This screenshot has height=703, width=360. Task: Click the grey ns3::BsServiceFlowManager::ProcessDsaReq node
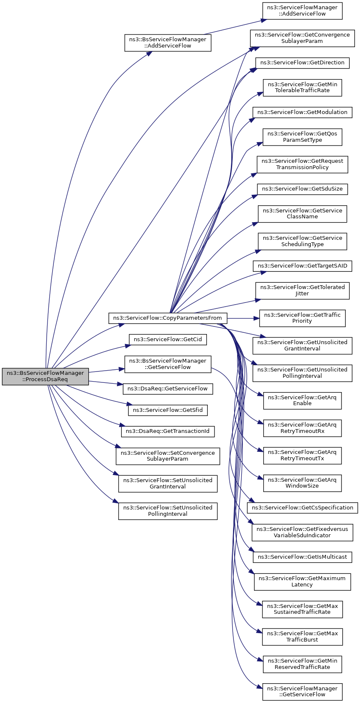pos(45,376)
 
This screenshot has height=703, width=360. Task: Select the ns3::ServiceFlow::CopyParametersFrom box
pos(168,318)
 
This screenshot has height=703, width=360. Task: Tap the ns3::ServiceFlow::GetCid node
pos(168,340)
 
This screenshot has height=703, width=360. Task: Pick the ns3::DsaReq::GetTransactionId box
pos(168,431)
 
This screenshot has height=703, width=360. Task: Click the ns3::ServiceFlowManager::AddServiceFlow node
pos(302,11)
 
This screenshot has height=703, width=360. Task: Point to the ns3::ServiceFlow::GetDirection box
pos(302,63)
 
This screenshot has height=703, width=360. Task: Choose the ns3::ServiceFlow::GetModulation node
pos(302,112)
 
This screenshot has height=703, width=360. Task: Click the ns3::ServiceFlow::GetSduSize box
pos(302,189)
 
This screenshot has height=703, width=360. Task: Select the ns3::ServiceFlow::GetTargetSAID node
pos(302,266)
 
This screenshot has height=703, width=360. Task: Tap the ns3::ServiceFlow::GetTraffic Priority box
pos(302,318)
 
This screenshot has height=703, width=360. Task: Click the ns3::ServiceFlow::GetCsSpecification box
pos(302,507)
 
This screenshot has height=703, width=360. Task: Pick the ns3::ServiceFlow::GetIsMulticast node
pos(302,557)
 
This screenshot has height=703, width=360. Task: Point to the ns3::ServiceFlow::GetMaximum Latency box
pos(302,581)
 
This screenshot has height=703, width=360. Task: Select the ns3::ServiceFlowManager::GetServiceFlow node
pos(302,692)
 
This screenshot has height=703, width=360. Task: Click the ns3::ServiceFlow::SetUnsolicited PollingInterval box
pos(168,511)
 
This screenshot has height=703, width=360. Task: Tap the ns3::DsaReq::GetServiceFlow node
pos(168,389)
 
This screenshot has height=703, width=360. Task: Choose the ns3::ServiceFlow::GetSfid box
pos(168,410)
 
